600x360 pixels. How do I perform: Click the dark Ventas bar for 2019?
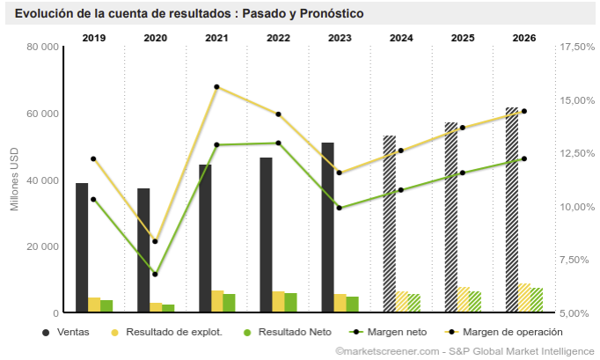(82, 247)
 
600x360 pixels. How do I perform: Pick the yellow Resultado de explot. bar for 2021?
(217, 300)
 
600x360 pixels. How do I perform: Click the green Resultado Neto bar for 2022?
(291, 302)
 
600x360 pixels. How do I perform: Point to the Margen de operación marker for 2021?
(216, 87)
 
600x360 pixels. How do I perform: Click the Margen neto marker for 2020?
(156, 274)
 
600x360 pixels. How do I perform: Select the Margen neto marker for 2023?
(340, 208)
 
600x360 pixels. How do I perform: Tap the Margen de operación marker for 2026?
(524, 111)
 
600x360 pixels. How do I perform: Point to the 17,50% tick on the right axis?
(578, 47)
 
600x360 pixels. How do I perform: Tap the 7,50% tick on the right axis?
(578, 260)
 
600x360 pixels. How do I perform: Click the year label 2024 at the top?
(401, 38)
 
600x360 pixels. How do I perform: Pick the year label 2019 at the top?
(94, 38)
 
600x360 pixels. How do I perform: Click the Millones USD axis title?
(14, 180)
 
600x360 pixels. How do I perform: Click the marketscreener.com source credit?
(388, 351)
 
